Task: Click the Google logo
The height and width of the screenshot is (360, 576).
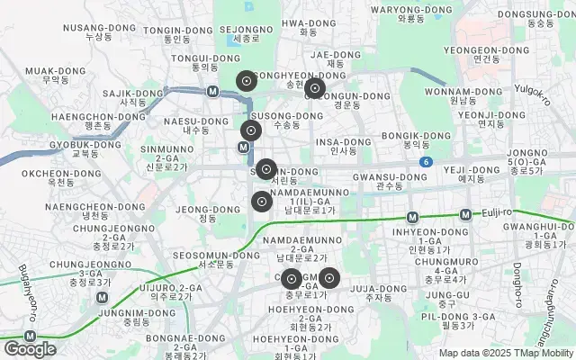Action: click(x=31, y=348)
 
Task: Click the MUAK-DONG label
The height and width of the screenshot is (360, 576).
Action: click(x=49, y=75)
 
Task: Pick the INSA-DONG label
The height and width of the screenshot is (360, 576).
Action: click(x=343, y=146)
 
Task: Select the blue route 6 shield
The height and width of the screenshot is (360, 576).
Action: click(x=426, y=162)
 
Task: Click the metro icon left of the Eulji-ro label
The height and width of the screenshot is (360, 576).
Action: click(x=465, y=214)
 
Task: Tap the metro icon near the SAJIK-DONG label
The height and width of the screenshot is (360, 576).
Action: click(x=212, y=91)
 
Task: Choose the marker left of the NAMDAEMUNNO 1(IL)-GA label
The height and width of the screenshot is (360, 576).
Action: click(x=261, y=202)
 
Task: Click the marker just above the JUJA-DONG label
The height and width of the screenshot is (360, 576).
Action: click(x=328, y=278)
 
